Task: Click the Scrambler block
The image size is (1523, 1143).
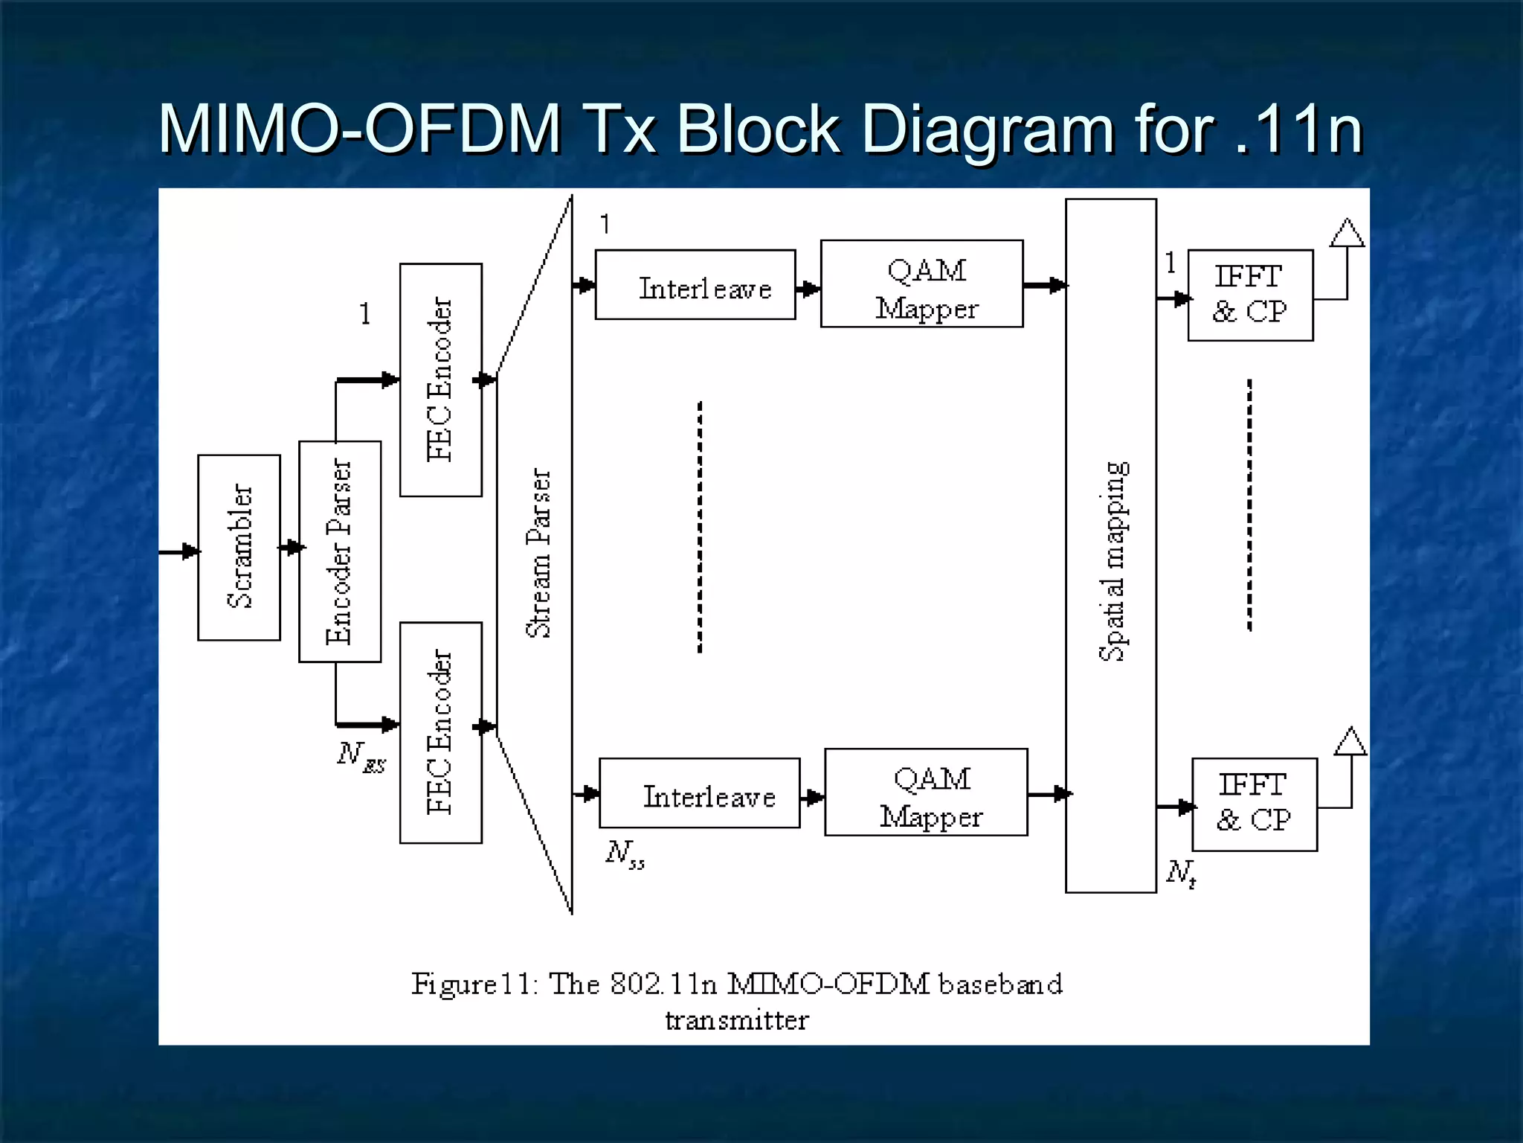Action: (239, 547)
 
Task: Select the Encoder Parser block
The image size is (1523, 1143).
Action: (340, 551)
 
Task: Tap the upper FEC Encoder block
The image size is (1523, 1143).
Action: (440, 380)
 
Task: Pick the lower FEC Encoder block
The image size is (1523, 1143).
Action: (440, 732)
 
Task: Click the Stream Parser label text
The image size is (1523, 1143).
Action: (539, 553)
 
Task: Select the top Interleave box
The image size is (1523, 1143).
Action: (695, 285)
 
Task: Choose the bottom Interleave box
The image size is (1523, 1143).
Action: (699, 793)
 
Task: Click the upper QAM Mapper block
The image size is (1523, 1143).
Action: (922, 284)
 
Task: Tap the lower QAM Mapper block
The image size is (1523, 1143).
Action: (926, 793)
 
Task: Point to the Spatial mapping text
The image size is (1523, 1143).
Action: (1113, 561)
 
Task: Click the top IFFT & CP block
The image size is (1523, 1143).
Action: (1250, 295)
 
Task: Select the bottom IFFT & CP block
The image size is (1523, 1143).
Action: (1255, 804)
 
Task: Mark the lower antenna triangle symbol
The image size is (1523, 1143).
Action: (1350, 742)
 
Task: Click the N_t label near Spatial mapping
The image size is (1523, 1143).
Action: (1181, 872)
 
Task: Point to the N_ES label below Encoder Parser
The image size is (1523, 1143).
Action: (361, 757)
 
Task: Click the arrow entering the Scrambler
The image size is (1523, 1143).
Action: (178, 552)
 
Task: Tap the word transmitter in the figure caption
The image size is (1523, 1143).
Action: (736, 1020)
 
